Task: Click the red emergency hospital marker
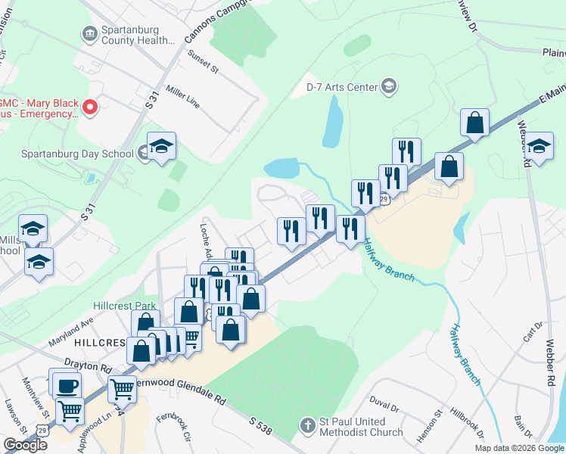(90, 107)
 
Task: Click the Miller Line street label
(183, 97)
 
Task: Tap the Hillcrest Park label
(124, 306)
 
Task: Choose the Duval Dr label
(384, 406)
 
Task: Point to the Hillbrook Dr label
(467, 423)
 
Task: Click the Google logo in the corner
(26, 445)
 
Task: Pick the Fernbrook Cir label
(170, 427)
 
